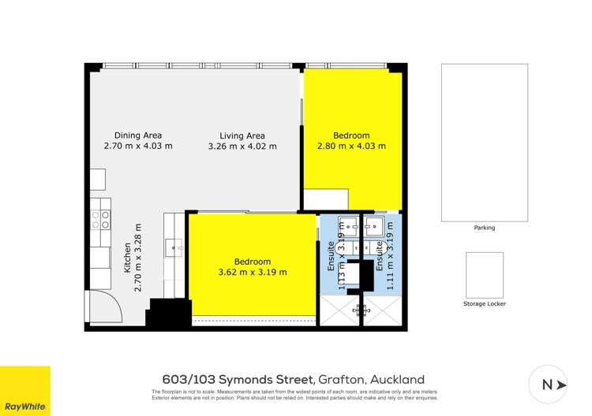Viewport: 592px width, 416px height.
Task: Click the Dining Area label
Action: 138,135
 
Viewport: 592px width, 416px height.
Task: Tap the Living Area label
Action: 242,135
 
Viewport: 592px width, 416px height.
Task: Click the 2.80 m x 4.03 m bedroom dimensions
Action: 351,146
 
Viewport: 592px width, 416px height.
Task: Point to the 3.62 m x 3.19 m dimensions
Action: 252,273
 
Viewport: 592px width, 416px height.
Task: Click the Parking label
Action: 484,228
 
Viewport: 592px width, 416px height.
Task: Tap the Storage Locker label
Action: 484,303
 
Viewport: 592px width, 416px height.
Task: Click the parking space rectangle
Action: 484,143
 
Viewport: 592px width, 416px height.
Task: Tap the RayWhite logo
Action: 24,391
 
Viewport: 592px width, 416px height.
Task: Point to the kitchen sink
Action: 174,248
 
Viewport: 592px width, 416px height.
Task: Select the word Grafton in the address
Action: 340,380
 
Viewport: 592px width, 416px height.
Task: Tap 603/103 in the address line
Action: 190,380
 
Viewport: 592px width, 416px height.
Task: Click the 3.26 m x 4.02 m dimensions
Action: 242,146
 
